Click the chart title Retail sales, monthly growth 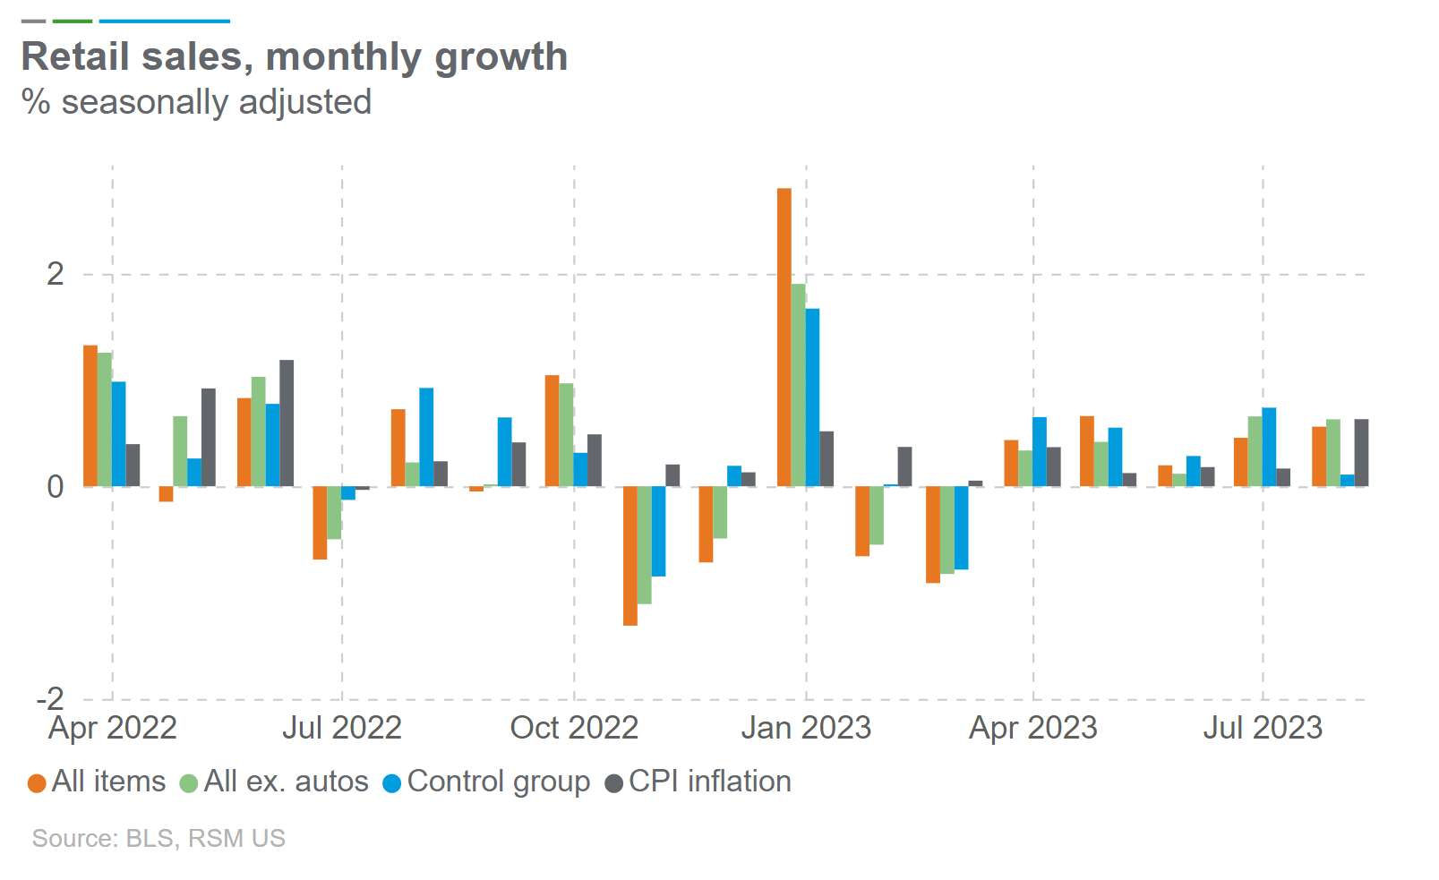click(294, 56)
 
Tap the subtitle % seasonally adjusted click(196, 102)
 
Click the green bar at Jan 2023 click(798, 385)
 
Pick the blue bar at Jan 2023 click(812, 397)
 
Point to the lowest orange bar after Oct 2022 click(630, 555)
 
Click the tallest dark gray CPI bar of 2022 click(287, 423)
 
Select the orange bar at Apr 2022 click(90, 415)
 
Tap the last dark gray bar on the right click(1361, 452)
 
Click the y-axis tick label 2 click(56, 274)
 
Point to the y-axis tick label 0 click(56, 486)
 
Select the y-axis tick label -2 click(50, 698)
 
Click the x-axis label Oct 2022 click(574, 728)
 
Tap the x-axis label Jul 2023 click(1263, 728)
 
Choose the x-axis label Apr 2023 click(1033, 728)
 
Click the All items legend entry click(98, 782)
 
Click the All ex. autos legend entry click(275, 782)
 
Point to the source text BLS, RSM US click(158, 838)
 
